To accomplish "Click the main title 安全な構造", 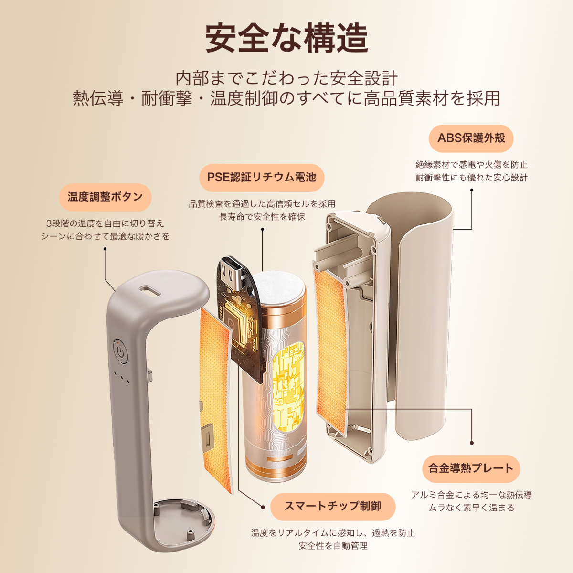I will [286, 38].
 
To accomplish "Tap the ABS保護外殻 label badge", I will [471, 138].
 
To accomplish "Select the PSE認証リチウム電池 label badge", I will [261, 177].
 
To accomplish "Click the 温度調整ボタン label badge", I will [105, 197].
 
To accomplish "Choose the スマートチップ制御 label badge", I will [332, 506].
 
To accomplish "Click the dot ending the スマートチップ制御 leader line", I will [262, 506].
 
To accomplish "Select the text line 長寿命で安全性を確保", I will [262, 217].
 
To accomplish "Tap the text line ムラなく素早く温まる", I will [471, 508].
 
